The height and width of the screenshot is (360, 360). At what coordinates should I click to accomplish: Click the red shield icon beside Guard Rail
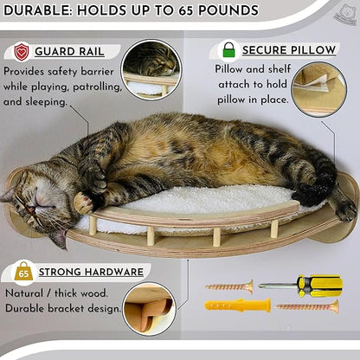click(22, 51)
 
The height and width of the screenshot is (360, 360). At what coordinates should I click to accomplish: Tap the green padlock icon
click(228, 50)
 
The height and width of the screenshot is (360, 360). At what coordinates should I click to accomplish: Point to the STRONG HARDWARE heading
click(92, 272)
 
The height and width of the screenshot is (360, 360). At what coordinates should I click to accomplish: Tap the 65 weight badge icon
click(23, 272)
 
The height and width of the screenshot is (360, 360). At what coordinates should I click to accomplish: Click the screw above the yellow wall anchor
click(229, 285)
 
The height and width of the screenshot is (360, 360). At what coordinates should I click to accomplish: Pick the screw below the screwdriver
click(307, 305)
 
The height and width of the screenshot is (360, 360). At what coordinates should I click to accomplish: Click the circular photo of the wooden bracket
click(148, 307)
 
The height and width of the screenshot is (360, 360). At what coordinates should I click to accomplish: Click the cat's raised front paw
click(83, 203)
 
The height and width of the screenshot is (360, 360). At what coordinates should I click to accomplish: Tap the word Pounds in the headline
click(224, 11)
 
